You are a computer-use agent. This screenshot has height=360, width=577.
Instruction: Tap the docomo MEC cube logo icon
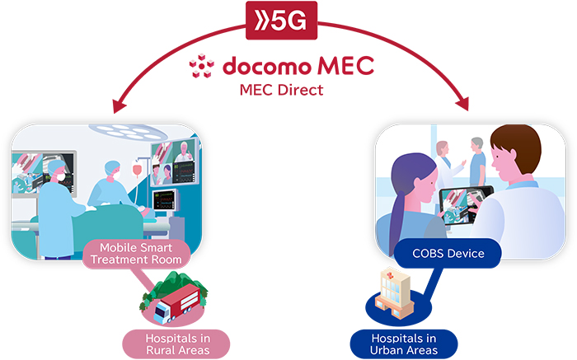201,66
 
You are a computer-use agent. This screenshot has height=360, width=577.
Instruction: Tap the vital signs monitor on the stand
168,202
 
